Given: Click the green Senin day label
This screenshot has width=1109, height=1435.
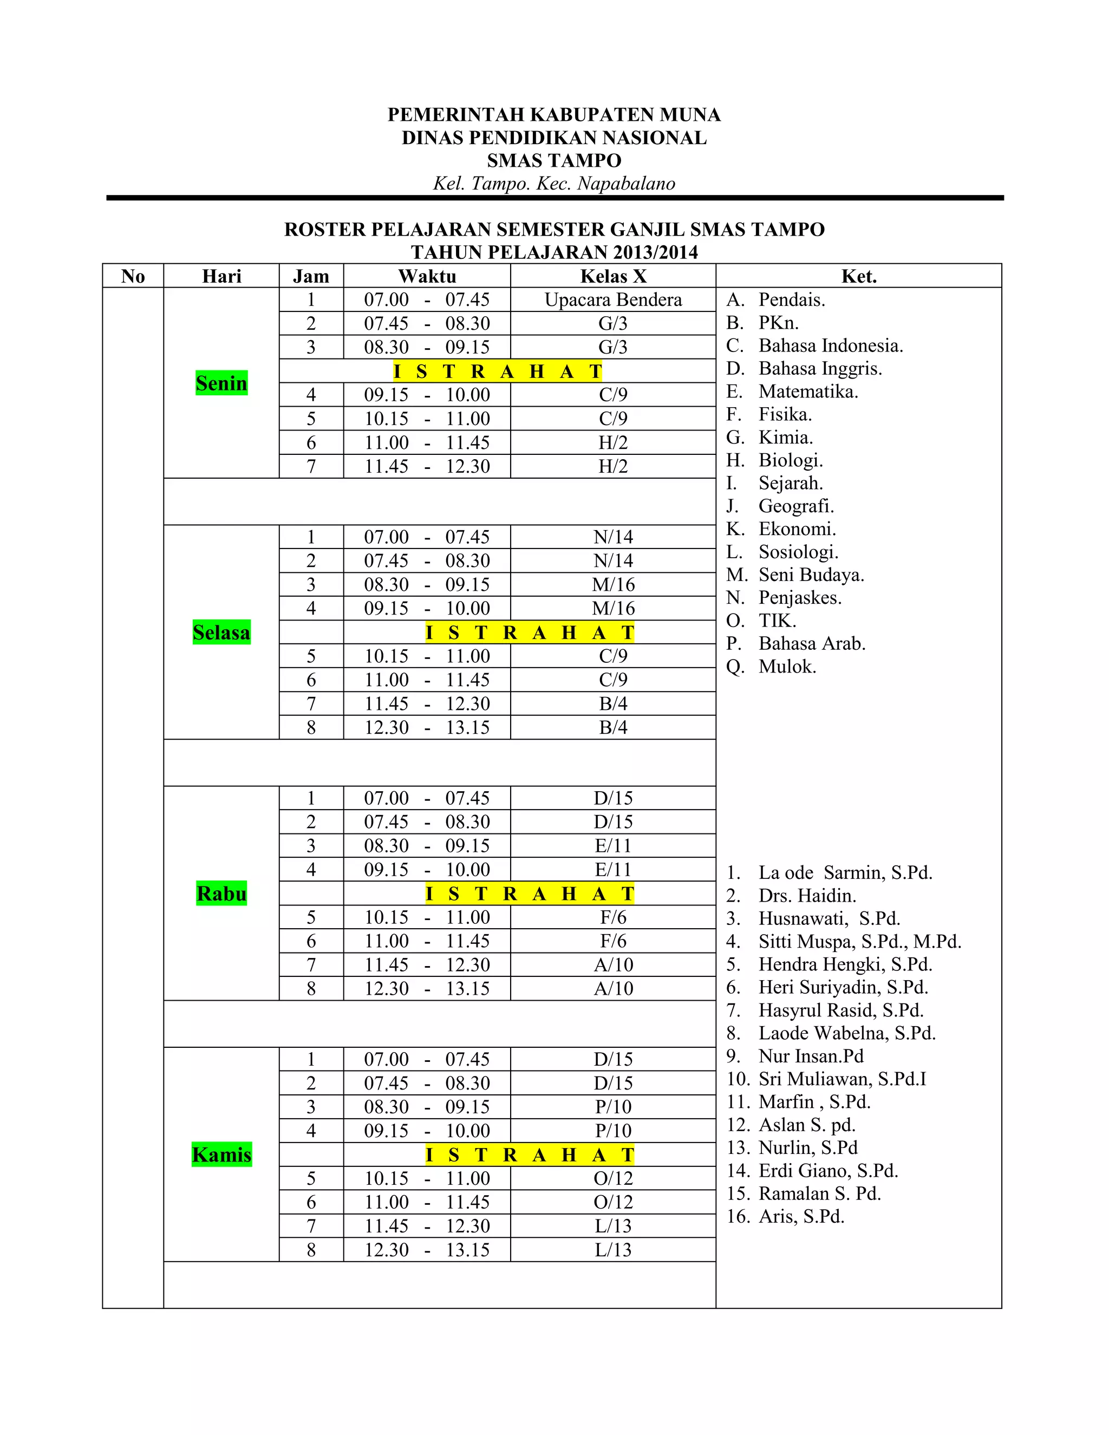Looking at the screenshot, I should click(x=221, y=383).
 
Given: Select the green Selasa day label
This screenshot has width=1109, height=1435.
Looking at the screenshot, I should click(x=221, y=632).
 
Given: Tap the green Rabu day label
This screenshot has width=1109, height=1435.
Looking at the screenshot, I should click(x=221, y=893).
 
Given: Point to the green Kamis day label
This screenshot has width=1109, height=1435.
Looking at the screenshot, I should click(x=221, y=1154).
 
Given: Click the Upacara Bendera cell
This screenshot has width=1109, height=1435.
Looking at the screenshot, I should click(x=613, y=299).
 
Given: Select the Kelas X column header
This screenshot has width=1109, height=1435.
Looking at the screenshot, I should click(x=613, y=276).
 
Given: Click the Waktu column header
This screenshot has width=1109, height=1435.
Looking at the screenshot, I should click(x=427, y=276).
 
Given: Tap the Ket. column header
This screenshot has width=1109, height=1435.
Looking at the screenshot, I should click(x=859, y=276).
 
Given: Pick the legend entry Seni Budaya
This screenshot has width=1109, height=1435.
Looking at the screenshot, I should click(x=811, y=575).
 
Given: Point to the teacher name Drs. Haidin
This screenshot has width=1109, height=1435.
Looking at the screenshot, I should click(x=807, y=896).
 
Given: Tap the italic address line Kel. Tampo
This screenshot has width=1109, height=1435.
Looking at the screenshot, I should click(x=554, y=184).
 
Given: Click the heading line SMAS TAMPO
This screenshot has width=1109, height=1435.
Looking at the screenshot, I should click(x=554, y=160).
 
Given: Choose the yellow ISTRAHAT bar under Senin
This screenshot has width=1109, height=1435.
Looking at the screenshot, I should click(x=497, y=371).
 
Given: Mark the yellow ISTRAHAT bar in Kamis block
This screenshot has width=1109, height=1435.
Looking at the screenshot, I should click(x=530, y=1154).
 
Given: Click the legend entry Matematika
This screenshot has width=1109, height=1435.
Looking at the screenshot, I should click(x=808, y=392).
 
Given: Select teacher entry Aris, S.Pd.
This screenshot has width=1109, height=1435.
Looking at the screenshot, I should click(x=801, y=1216).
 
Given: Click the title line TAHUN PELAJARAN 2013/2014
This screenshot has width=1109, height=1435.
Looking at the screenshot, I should click(x=554, y=252).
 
